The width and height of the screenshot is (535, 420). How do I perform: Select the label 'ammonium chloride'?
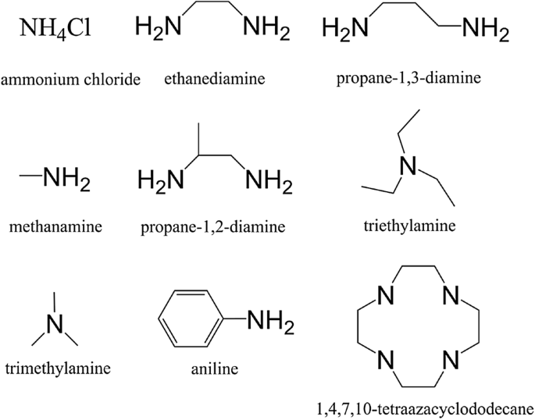point(70,80)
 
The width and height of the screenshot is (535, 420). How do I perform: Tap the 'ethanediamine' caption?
point(215,78)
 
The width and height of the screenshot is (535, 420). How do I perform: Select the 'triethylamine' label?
point(409,226)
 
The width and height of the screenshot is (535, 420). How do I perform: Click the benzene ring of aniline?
point(190,320)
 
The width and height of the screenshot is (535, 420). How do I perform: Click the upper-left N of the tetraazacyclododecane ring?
point(382,297)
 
